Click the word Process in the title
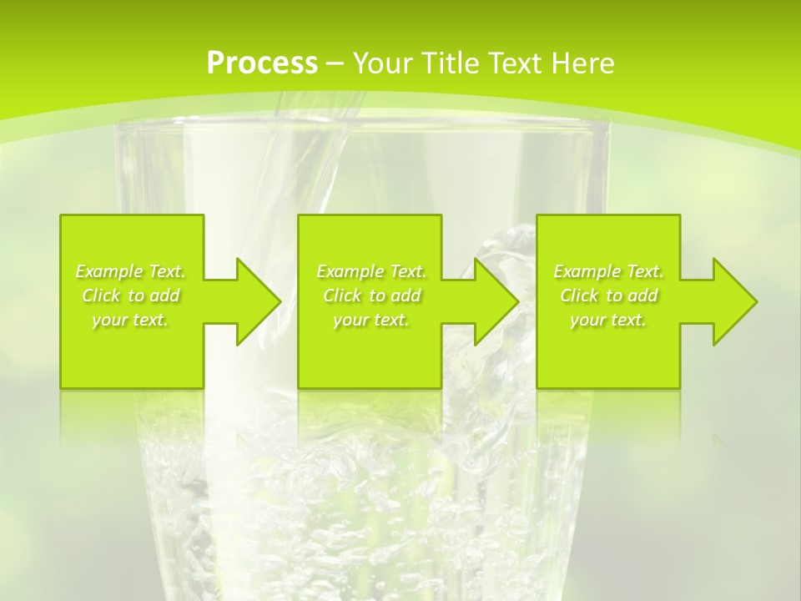tap(262, 63)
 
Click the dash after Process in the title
tap(335, 63)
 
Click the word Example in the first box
tap(108, 271)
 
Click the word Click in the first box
tap(101, 295)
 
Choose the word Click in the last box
tap(579, 295)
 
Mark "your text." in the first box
tap(130, 320)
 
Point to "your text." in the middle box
tap(371, 320)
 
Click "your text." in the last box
tap(608, 320)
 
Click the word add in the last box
tap(643, 295)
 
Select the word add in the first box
tap(165, 295)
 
